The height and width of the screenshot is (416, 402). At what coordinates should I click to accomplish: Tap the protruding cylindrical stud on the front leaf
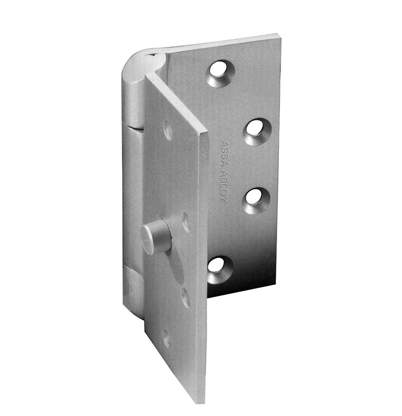coord(156,237)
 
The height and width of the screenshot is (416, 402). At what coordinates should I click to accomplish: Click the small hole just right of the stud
coord(186,222)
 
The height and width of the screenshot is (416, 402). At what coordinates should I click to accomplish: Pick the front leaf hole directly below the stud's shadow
coord(186,298)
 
